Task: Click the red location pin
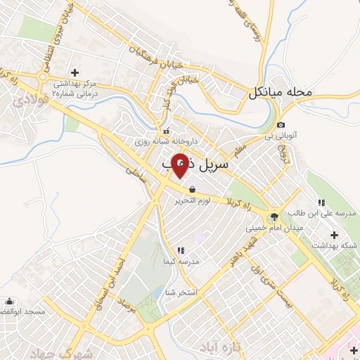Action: coord(180,165)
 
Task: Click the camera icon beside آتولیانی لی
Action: coord(281,124)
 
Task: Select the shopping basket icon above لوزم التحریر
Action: coord(192,188)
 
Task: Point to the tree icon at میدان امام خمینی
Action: coord(274,217)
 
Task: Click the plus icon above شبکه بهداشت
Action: coord(334,234)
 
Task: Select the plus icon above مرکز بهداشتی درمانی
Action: coord(75,72)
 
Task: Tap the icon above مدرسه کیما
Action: coord(181,250)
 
